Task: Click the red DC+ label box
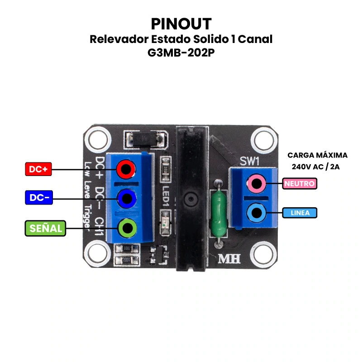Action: click(38, 170)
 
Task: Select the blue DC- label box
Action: click(38, 198)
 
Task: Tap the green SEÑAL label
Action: click(45, 229)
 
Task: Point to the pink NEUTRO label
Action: click(300, 184)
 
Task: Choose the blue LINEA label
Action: click(300, 213)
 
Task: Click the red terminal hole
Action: click(126, 170)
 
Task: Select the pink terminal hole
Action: click(257, 184)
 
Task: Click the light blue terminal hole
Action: click(257, 212)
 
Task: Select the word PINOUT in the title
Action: click(181, 24)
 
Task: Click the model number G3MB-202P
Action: click(181, 52)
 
